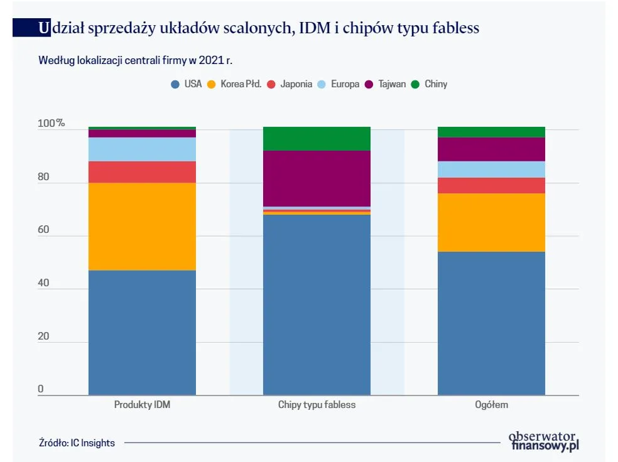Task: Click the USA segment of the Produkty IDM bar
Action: click(x=142, y=333)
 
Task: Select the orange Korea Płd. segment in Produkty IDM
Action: click(x=142, y=227)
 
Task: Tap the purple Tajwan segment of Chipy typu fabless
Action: click(x=317, y=178)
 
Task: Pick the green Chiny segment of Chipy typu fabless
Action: click(x=317, y=139)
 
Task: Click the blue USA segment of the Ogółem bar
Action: click(x=491, y=323)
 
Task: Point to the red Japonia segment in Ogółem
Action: click(x=491, y=185)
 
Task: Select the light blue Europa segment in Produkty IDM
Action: click(x=142, y=149)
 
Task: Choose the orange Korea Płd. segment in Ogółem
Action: click(x=491, y=222)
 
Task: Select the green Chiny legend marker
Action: click(x=415, y=84)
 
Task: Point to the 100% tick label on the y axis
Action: click(x=51, y=123)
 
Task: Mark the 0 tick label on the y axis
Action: click(x=41, y=389)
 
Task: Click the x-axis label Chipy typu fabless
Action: click(x=317, y=405)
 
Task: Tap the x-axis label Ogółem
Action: click(x=491, y=405)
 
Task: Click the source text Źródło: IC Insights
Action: click(x=77, y=443)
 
